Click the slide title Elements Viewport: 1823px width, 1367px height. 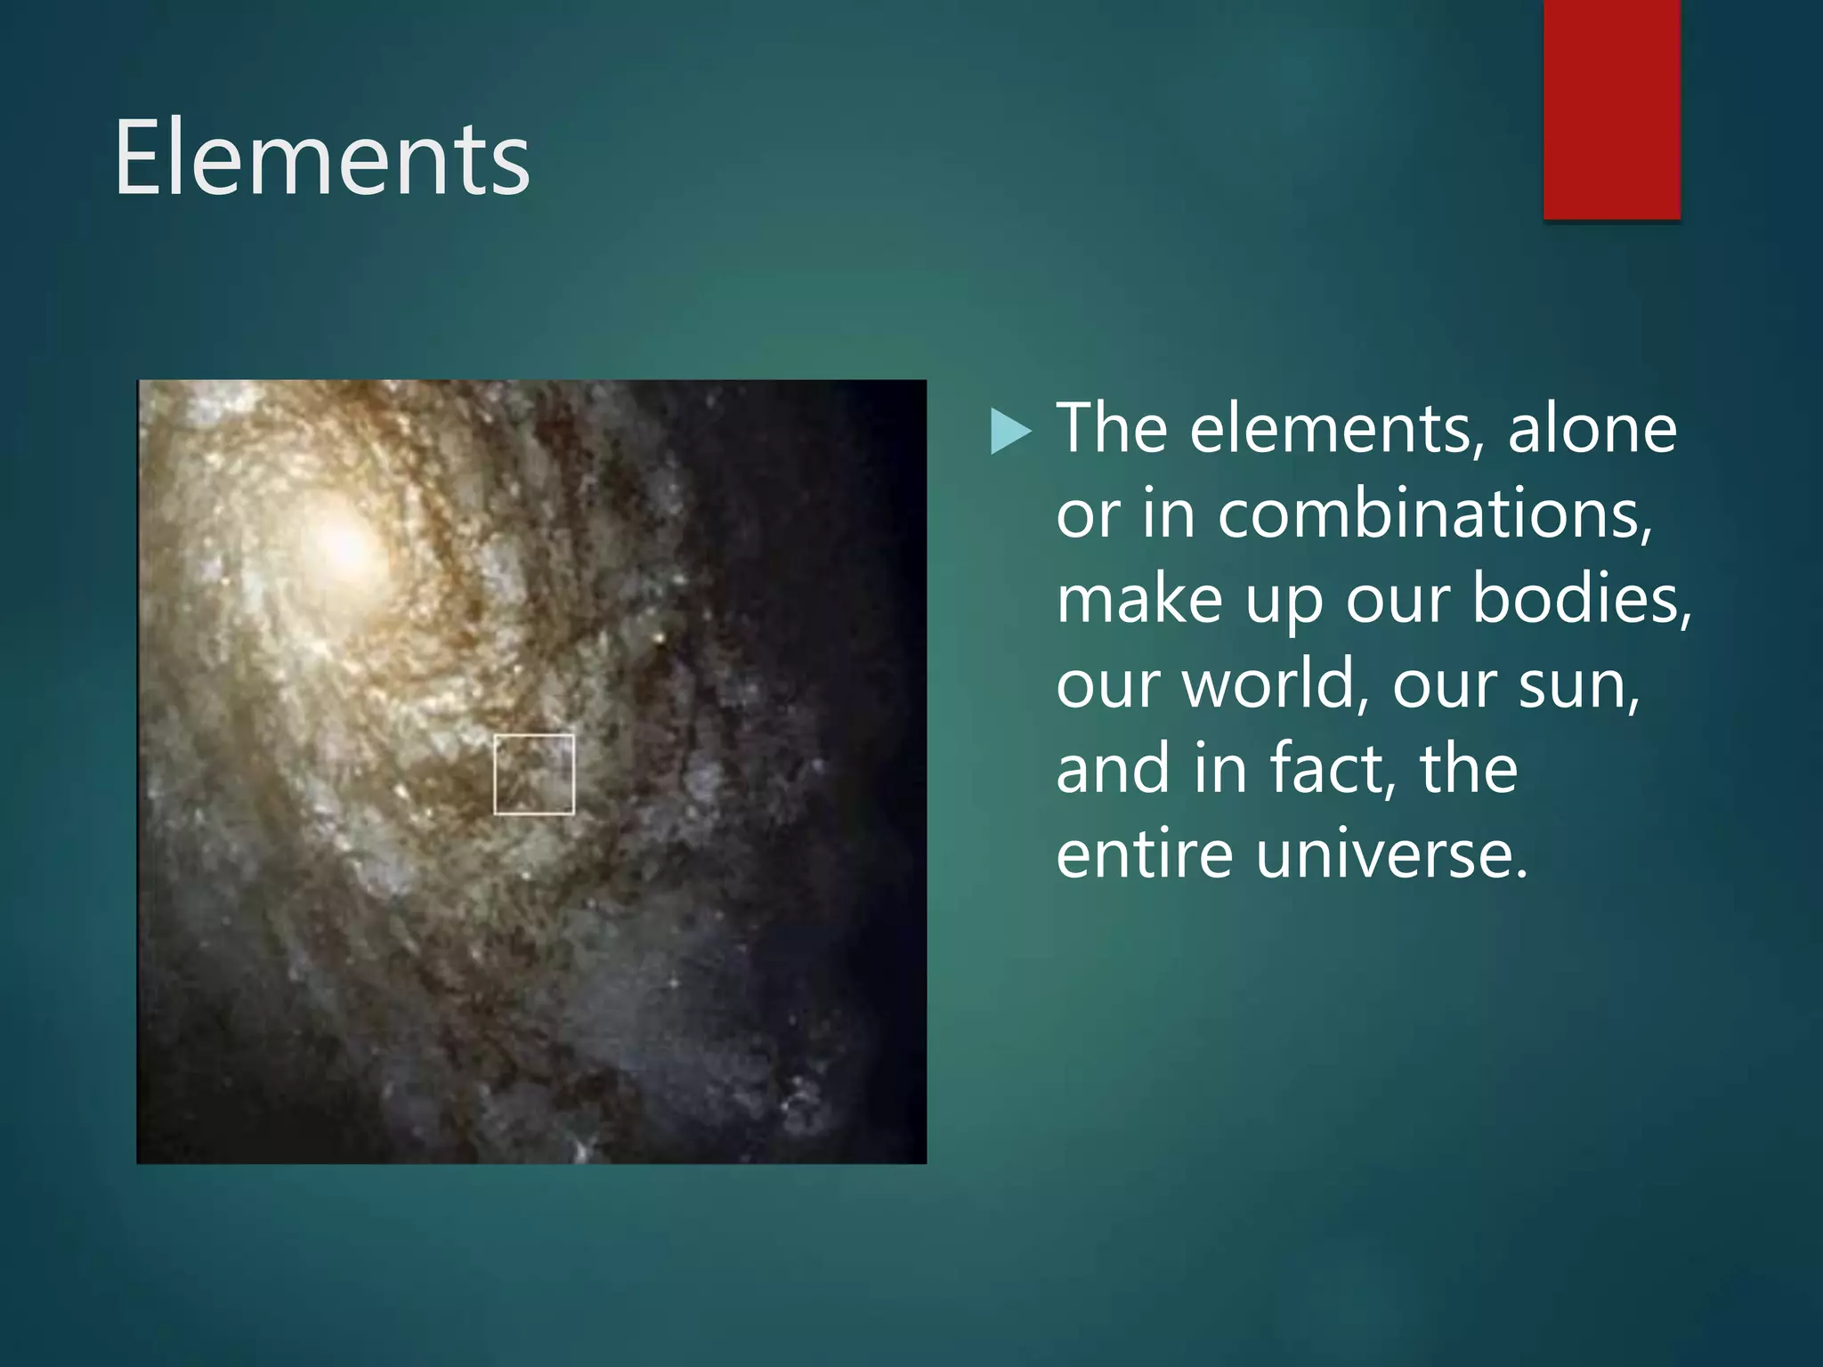click(x=322, y=158)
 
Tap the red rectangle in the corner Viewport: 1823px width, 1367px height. click(x=1611, y=109)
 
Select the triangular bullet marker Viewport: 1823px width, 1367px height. click(x=1010, y=432)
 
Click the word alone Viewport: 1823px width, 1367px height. click(x=1592, y=429)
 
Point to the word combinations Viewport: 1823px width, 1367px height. click(x=1434, y=514)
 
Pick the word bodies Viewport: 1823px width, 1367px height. click(x=1581, y=599)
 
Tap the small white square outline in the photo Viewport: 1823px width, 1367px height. click(x=534, y=774)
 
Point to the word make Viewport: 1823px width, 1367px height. click(x=1139, y=599)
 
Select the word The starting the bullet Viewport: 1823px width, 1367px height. click(x=1112, y=429)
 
